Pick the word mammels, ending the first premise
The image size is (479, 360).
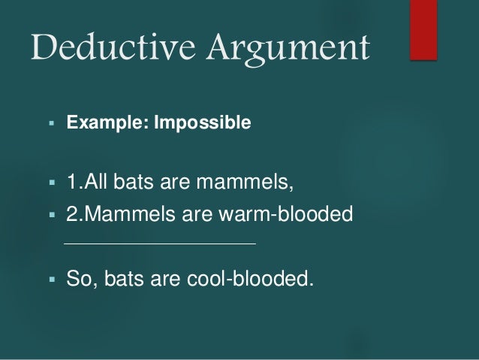click(239, 183)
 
